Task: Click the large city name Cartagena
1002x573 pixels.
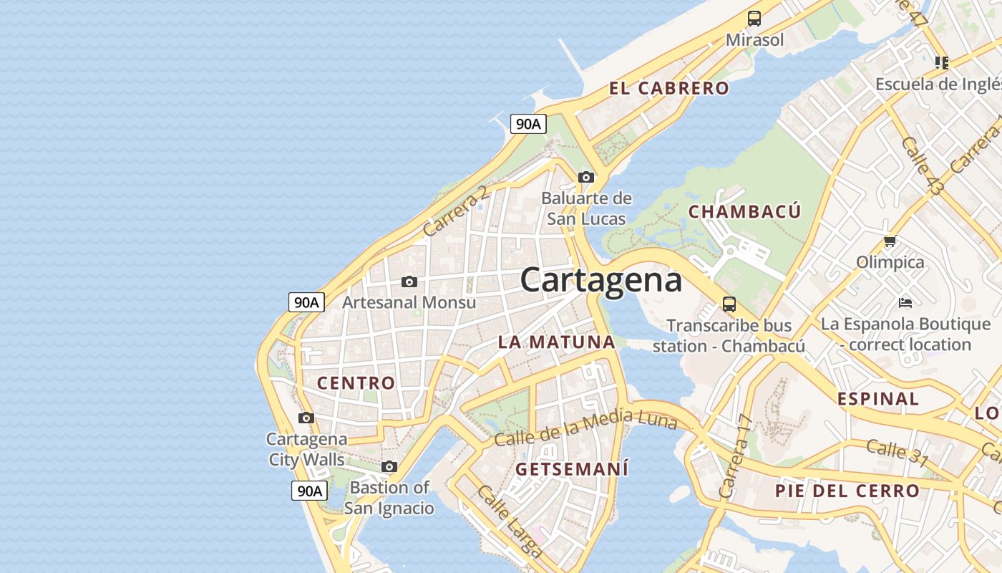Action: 601,279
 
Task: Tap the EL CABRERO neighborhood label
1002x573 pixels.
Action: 669,88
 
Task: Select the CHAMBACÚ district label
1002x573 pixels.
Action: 744,211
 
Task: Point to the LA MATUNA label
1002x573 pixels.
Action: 557,342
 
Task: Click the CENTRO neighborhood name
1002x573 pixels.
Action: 356,382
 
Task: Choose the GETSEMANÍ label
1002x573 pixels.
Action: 572,469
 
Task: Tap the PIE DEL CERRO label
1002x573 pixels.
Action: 847,491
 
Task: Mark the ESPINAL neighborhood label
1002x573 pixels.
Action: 878,398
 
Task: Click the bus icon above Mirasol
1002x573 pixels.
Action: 754,19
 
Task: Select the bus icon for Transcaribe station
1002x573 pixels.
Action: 729,304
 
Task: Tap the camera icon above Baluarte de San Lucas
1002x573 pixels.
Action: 586,177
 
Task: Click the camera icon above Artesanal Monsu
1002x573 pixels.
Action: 409,281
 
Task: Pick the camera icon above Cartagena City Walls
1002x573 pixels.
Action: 306,418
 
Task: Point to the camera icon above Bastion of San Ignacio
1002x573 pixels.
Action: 389,467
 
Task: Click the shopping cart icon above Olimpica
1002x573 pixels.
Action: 890,241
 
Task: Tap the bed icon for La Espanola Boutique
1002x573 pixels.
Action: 905,303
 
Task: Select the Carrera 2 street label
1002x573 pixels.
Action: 456,211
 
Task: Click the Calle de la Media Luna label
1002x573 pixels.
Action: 585,428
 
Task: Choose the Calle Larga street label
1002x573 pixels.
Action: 510,521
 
